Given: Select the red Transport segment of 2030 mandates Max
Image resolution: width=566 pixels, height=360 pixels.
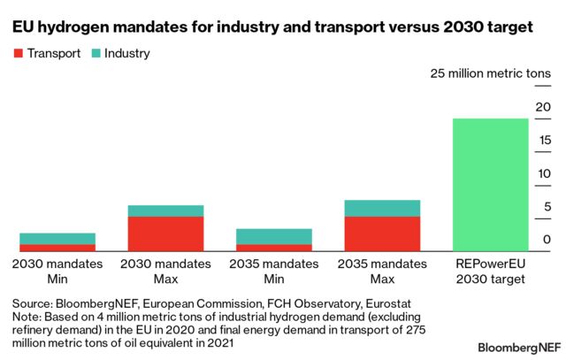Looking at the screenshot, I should pos(165,234).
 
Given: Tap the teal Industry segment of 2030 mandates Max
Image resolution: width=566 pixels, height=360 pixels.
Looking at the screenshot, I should pos(165,211).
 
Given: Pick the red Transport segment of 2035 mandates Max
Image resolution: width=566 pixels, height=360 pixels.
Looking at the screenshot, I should pos(382,234).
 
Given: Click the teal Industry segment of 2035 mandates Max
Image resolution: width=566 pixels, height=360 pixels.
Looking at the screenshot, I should pos(382,208).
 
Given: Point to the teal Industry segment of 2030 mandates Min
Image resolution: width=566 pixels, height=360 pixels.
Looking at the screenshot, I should pos(57,238).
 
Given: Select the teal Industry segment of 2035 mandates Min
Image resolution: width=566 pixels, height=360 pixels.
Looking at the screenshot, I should pos(274,236).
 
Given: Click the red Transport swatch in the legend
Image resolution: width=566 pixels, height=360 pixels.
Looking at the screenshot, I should pos(17,54).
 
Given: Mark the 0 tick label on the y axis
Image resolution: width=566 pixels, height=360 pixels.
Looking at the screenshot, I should pos(547,241).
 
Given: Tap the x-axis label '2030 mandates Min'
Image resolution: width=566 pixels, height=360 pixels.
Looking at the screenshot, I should pos(57,272).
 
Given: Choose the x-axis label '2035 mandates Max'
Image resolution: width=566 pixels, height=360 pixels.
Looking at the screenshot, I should pos(382,272).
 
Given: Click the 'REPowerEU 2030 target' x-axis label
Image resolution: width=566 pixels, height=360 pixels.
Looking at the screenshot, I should pos(490,272).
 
